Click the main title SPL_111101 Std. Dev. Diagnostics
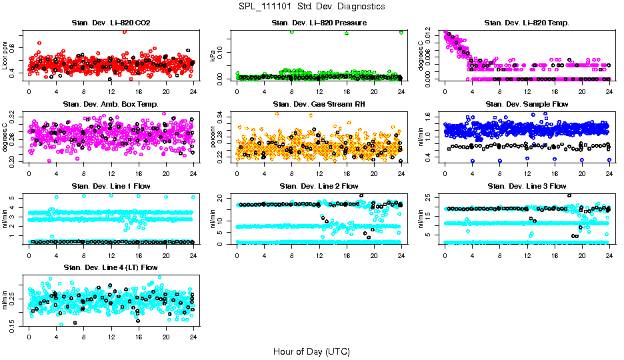(x=311, y=7)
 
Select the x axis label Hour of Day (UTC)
(x=311, y=351)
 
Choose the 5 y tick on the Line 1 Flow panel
(x=13, y=198)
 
